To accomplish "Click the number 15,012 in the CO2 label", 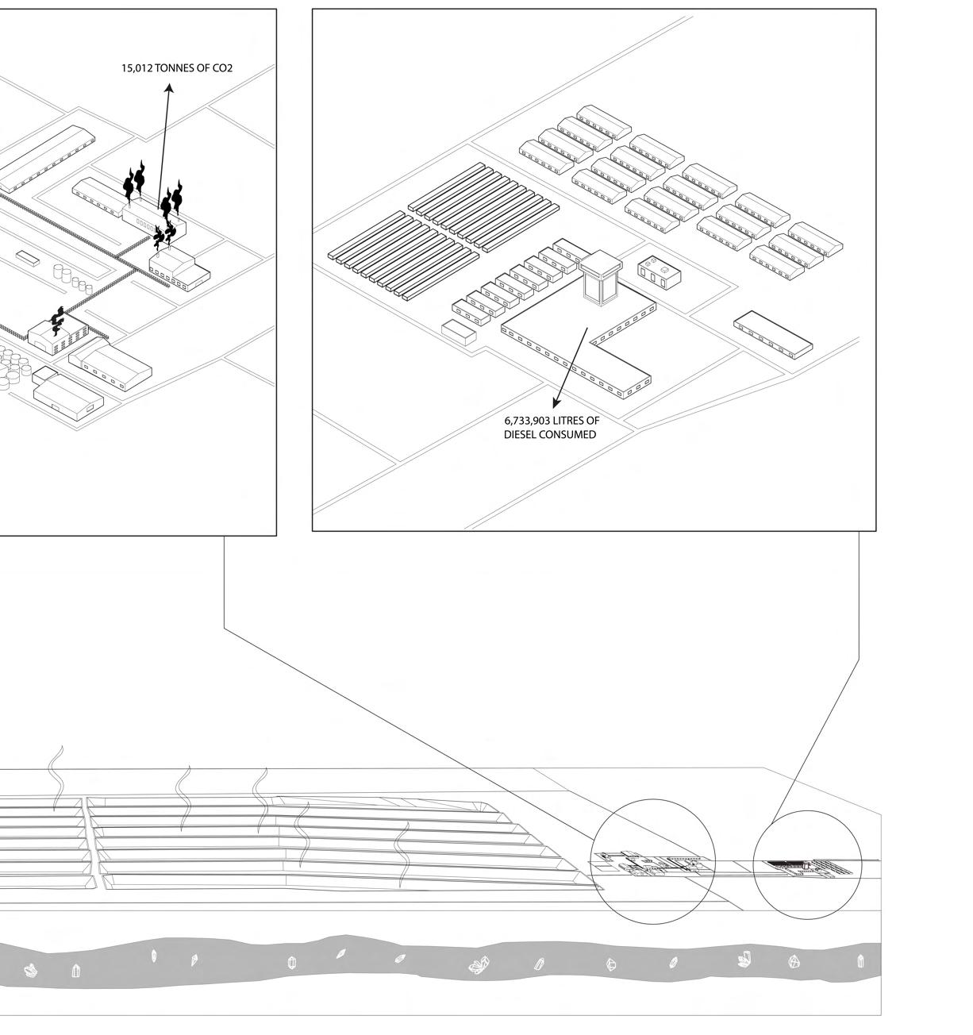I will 137,68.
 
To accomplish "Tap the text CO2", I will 222,68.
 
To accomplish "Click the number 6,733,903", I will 528,421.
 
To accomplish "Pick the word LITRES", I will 569,421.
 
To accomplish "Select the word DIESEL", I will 521,435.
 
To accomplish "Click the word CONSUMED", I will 567,435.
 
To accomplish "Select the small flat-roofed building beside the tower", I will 660,273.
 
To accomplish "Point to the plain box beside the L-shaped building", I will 459,331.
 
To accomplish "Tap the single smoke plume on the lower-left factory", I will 57,320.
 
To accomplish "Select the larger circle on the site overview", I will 654,862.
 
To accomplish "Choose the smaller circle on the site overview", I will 806,865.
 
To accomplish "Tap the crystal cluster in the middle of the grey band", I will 479,965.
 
